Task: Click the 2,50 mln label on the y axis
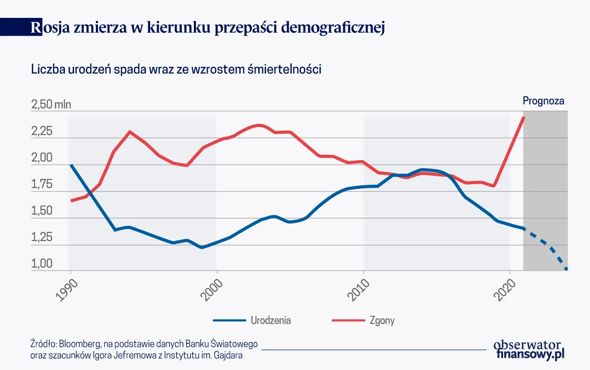(51, 105)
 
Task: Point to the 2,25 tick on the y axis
(42, 131)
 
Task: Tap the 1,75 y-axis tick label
(42, 185)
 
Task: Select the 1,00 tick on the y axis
(42, 265)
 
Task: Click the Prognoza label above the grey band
(543, 101)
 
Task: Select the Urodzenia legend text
(271, 320)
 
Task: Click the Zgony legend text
(382, 320)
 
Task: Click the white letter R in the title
(36, 28)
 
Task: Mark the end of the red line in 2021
(523, 117)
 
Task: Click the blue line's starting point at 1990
(71, 165)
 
